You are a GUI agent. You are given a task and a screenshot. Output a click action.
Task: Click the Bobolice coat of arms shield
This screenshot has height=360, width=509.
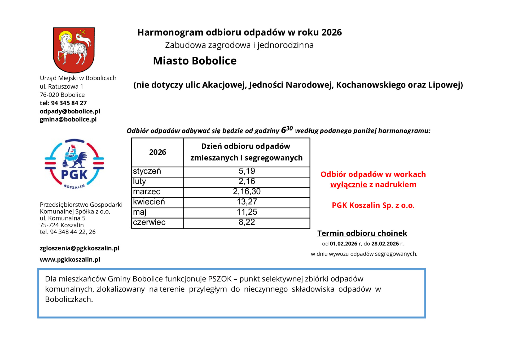pos(74,50)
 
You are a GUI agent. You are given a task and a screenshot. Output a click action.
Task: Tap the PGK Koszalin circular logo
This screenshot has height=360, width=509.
pos(74,164)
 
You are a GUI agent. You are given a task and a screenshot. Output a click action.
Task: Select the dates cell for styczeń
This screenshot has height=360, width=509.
pos(247,171)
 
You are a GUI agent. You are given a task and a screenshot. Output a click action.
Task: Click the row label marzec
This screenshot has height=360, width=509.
pos(147,192)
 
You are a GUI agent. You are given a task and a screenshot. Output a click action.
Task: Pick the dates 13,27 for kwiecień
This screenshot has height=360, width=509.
pos(247,202)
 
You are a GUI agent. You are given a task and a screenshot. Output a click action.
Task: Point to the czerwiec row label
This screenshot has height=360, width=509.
pos(149,222)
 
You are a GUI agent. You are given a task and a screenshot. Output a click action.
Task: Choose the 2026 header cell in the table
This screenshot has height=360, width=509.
pos(157,152)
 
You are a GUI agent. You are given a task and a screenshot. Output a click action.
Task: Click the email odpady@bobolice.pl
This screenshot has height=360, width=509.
pos(70,111)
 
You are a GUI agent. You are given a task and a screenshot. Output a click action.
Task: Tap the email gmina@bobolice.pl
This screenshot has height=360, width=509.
pos(68,119)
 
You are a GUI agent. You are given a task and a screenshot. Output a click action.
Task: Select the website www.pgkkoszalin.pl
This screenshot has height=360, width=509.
pos(70,259)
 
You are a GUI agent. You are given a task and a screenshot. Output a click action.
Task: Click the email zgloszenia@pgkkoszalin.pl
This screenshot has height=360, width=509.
pos(80,248)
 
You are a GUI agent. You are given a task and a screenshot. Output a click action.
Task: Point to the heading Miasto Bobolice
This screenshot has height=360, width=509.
pos(195,61)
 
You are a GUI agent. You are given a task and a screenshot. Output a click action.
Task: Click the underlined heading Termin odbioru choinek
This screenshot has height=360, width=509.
pos(362,233)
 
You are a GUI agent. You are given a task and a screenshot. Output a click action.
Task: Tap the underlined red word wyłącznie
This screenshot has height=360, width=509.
pos(349,185)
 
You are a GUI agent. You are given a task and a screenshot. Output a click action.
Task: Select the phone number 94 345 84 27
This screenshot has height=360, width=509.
pos(69,103)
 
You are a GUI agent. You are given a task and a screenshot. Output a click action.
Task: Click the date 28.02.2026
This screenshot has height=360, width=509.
pos(385,244)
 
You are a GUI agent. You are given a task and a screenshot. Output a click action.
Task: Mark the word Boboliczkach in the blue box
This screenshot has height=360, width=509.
pos(68,299)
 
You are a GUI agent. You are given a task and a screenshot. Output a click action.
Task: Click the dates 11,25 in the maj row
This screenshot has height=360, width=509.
pos(247,212)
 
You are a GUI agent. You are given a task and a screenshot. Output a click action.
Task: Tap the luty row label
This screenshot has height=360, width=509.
pos(139,181)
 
